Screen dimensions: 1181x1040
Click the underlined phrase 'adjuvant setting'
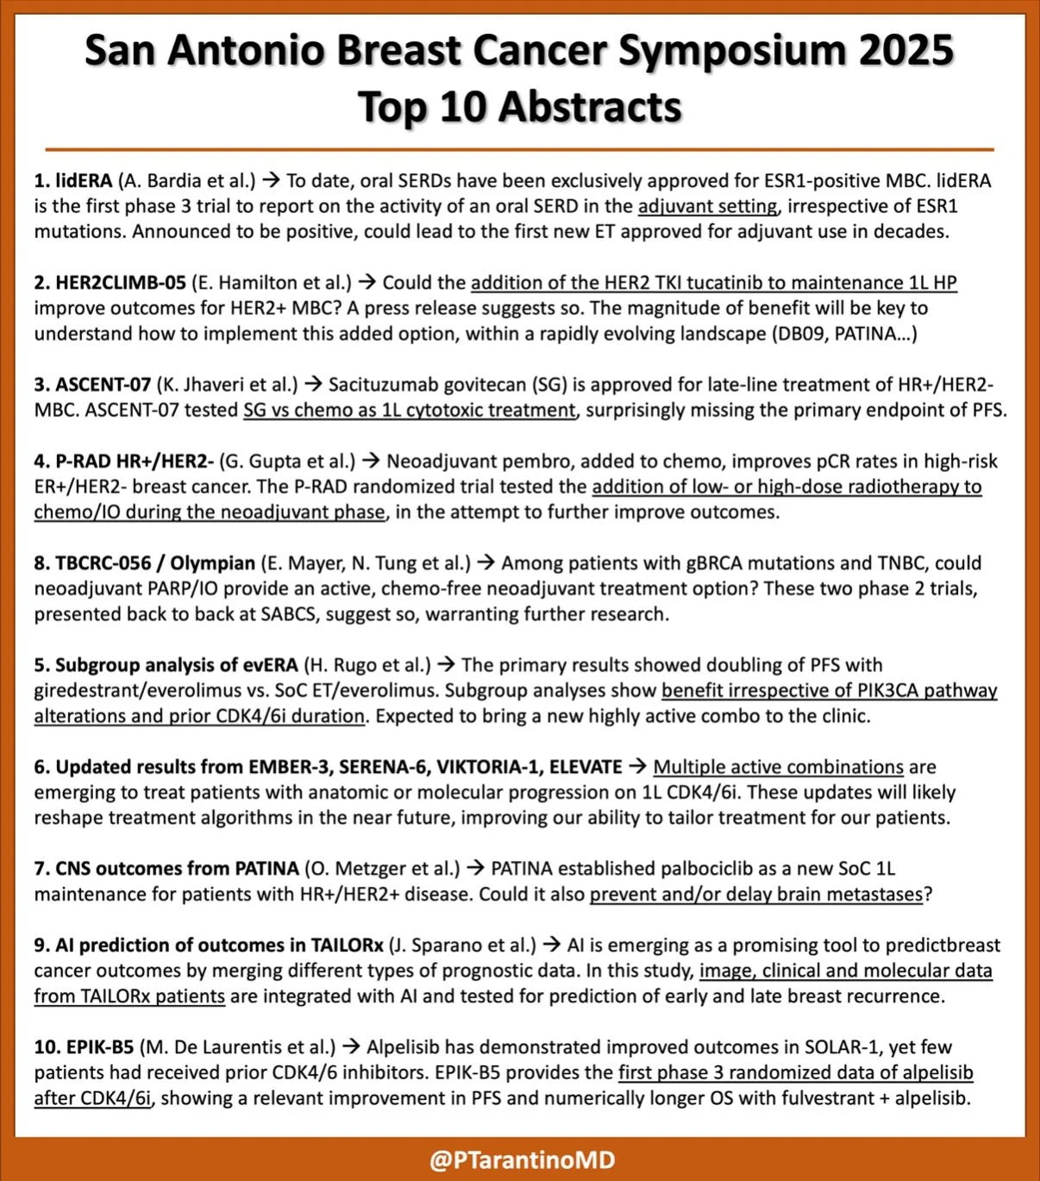tap(707, 207)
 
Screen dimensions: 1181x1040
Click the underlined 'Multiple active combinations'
tap(778, 767)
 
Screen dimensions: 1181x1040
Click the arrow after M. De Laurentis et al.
tap(351, 1047)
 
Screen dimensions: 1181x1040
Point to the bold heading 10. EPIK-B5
tap(84, 1047)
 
